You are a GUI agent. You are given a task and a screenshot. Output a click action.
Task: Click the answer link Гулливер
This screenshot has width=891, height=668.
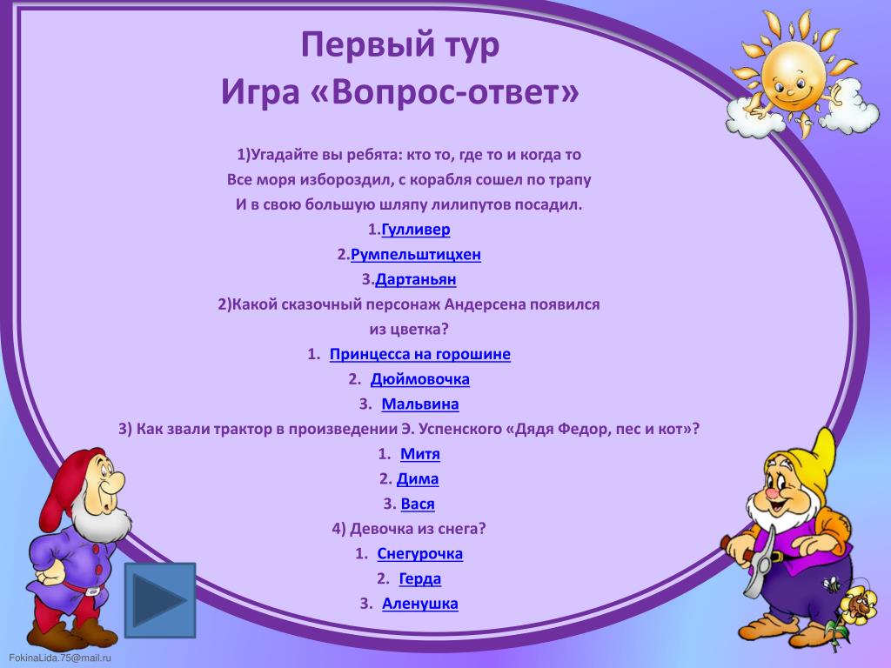point(415,230)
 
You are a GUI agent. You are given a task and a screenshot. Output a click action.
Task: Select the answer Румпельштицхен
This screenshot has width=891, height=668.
point(415,255)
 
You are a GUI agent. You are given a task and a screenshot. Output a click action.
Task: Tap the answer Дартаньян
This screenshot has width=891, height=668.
point(415,279)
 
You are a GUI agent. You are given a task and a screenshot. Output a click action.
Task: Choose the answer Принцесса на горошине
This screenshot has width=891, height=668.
point(420,355)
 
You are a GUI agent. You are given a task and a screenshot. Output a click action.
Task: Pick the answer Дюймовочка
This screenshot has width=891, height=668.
point(420,379)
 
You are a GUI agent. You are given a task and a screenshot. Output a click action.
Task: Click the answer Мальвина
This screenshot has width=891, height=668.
point(420,404)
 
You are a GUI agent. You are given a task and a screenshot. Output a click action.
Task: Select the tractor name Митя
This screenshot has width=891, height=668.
point(420,454)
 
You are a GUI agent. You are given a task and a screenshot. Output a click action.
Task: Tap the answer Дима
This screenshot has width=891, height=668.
point(418,479)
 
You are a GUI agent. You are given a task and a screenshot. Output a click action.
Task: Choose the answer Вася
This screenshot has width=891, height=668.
point(418,504)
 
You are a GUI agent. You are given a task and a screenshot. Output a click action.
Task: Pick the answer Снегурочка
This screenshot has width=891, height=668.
point(420,554)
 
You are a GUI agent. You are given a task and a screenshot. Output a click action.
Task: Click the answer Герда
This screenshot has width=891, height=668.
point(420,578)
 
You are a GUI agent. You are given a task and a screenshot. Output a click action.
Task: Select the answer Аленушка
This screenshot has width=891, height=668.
point(420,604)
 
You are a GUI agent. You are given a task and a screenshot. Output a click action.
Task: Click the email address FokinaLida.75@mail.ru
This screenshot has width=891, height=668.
point(60,658)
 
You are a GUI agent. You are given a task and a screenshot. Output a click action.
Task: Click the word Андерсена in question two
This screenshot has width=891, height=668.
point(485,304)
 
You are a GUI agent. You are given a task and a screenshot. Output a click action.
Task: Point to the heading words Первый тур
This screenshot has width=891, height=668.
point(400,44)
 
